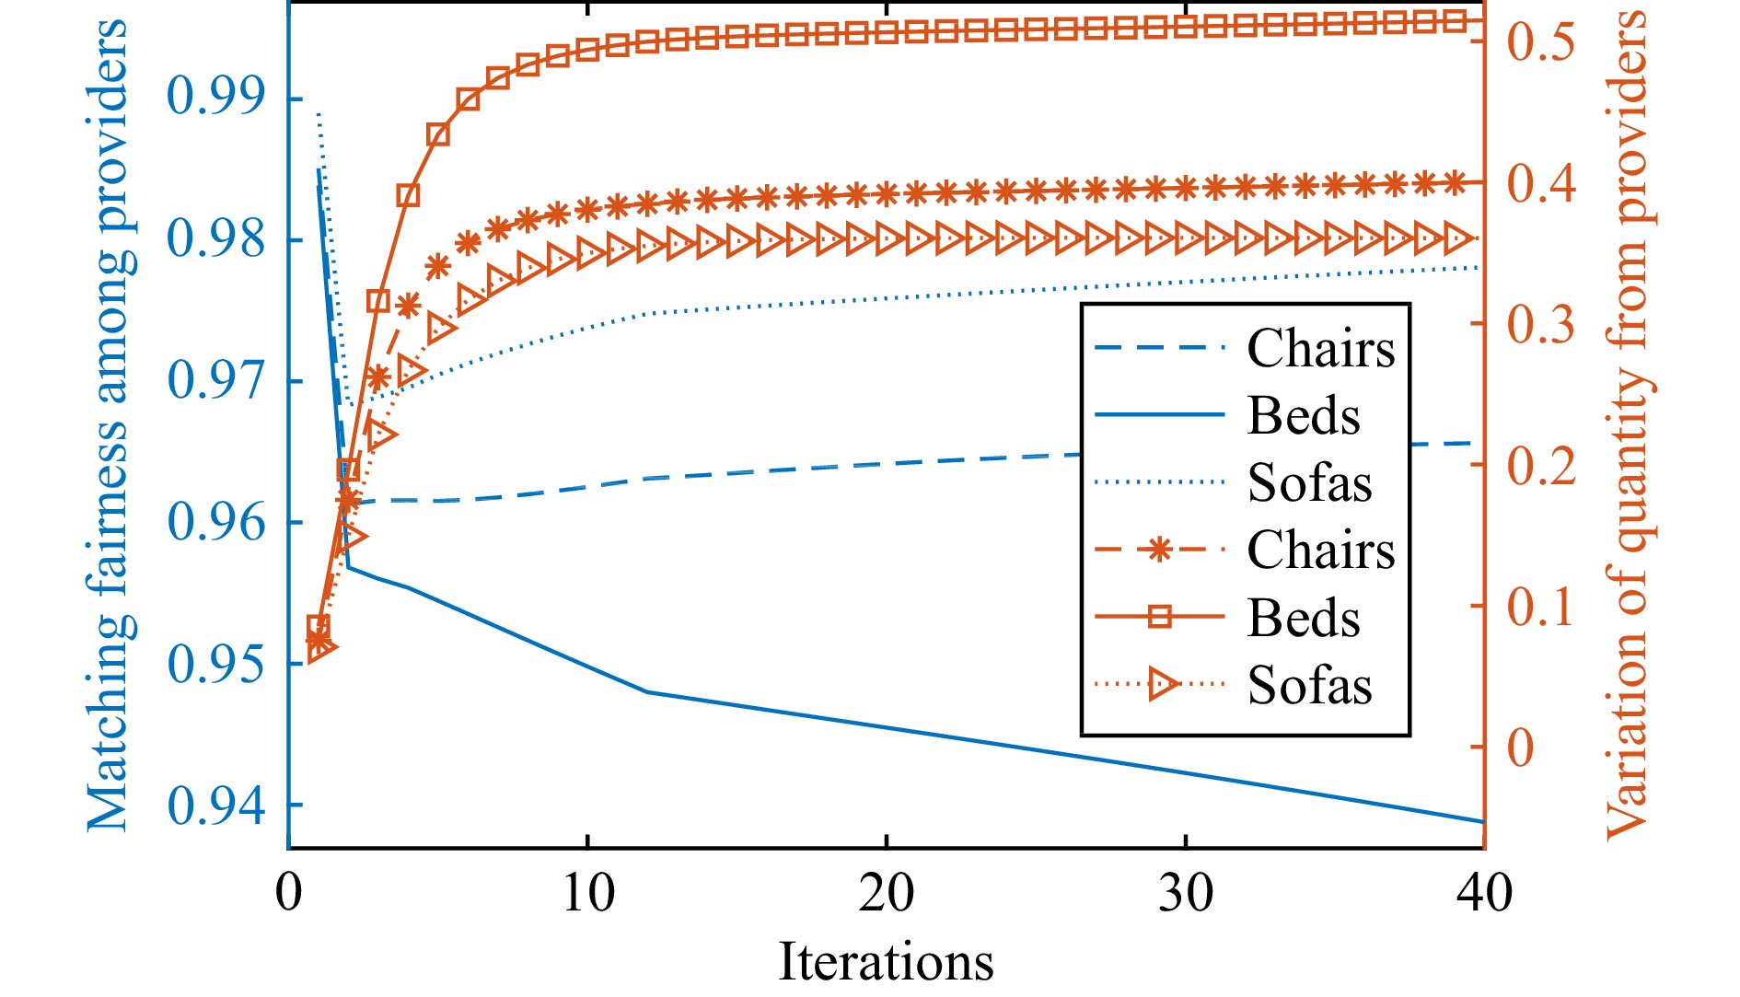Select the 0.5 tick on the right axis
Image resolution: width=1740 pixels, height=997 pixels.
point(1540,41)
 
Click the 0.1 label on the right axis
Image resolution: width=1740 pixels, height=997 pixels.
point(1540,606)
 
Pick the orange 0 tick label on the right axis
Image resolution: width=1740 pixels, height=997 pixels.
point(1520,747)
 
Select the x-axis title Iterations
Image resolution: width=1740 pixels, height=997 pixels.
point(886,962)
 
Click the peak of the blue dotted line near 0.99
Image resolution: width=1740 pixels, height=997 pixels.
point(319,114)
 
